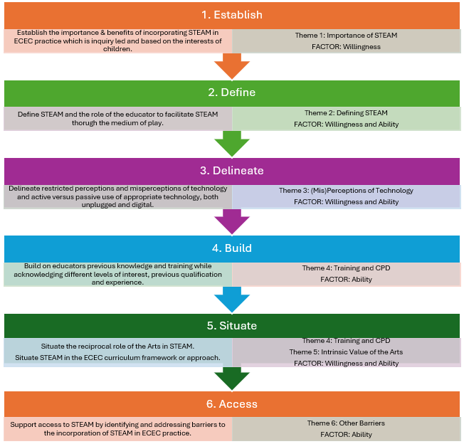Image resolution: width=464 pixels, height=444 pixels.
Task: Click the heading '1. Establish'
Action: click(x=231, y=15)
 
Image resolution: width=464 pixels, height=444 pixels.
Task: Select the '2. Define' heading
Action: click(x=231, y=92)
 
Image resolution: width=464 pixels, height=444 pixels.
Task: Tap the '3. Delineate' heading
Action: click(x=231, y=171)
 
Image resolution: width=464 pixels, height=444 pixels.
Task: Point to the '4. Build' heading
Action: click(x=231, y=248)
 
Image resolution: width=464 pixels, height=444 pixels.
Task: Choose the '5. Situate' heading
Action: click(x=231, y=326)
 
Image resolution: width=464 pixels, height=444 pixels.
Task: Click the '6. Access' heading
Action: click(x=231, y=403)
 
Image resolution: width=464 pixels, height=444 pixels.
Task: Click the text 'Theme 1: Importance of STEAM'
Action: click(x=346, y=36)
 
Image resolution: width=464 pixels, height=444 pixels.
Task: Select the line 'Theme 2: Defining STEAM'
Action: click(x=346, y=113)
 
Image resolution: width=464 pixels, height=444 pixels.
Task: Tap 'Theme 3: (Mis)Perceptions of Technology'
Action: click(x=346, y=191)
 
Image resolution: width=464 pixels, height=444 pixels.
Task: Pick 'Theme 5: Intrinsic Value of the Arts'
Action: click(x=346, y=352)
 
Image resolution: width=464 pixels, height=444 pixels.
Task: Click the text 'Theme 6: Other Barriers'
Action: click(x=346, y=423)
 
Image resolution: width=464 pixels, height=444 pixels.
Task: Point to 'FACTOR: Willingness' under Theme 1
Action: click(x=346, y=47)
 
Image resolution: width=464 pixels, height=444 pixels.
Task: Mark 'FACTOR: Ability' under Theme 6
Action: click(x=346, y=434)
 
